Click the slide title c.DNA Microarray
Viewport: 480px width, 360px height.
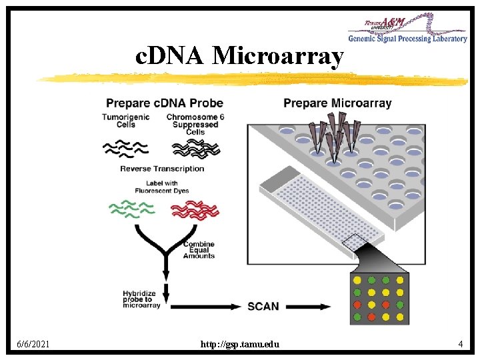239,57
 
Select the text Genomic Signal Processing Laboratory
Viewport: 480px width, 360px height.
407,39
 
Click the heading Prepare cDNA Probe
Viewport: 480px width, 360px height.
164,103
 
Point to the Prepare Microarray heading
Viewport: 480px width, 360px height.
337,103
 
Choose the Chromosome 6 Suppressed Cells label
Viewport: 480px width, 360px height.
195,125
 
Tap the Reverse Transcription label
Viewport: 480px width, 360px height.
162,169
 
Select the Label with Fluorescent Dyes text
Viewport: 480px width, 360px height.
162,187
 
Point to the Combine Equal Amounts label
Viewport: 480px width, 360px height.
199,250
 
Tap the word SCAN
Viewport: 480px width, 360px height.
263,306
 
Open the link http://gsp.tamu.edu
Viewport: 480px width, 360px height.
240,344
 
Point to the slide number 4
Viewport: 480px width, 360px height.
460,344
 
